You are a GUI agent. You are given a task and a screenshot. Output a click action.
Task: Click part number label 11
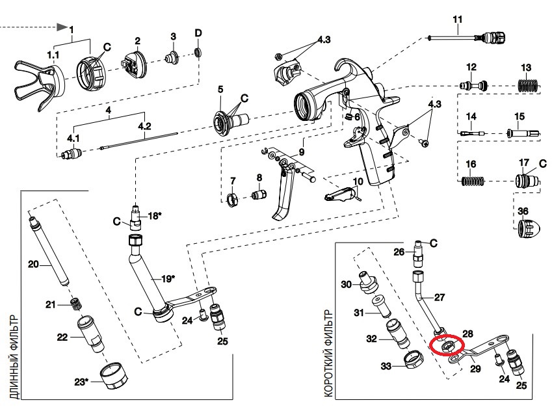[457, 20]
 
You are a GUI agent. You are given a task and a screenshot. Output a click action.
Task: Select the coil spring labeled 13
[529, 86]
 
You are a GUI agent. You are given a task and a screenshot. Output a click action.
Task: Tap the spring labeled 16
[473, 181]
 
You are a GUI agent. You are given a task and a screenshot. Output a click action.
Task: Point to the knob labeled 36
[529, 228]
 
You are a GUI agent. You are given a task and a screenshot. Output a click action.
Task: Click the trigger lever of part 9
[283, 193]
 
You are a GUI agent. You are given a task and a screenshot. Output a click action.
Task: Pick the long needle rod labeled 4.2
[139, 141]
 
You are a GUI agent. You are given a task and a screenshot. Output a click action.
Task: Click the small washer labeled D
[198, 53]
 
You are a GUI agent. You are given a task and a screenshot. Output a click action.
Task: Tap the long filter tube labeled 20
[49, 251]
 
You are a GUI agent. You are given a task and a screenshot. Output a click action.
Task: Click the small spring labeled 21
[75, 304]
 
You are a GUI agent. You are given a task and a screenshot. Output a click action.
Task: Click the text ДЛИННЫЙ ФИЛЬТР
[14, 357]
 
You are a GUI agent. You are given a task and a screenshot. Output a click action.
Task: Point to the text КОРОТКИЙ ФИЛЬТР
[328, 353]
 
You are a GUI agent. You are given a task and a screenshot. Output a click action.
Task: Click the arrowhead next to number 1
[62, 27]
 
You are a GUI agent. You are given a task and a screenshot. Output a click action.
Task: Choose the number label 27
[439, 297]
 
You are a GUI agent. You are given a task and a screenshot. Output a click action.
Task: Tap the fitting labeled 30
[368, 282]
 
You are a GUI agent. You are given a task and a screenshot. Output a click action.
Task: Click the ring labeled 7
[232, 201]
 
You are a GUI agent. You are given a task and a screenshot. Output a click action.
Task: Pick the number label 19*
[168, 279]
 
